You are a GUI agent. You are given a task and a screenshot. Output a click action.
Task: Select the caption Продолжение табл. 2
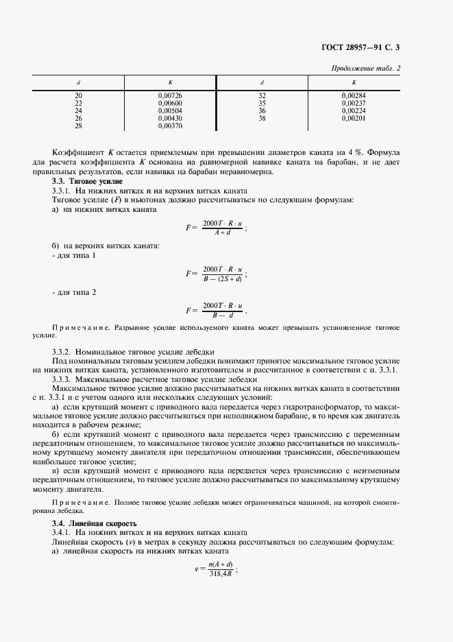point(366,67)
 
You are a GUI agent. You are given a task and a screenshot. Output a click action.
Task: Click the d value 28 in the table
point(77,126)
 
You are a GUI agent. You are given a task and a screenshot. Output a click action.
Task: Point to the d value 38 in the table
point(262,118)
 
